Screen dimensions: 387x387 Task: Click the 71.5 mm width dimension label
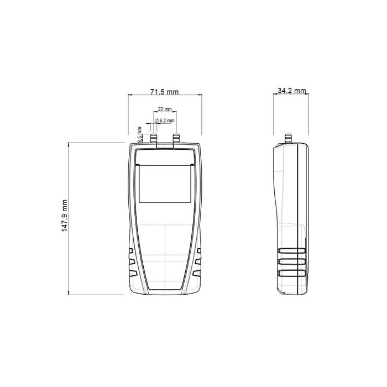tap(164, 92)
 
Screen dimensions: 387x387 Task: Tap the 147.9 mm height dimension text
tap(65, 216)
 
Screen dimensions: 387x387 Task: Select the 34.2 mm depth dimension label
tap(292, 91)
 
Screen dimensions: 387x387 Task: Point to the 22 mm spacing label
tap(165, 109)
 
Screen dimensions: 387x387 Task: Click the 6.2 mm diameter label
tap(165, 121)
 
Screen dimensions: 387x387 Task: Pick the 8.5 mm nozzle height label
tap(140, 135)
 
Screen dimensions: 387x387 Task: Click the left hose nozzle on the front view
tap(154, 138)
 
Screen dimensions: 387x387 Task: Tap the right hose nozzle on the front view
tap(176, 138)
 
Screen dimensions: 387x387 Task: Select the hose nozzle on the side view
tap(288, 138)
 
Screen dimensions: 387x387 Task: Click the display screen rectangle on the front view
tap(165, 184)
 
